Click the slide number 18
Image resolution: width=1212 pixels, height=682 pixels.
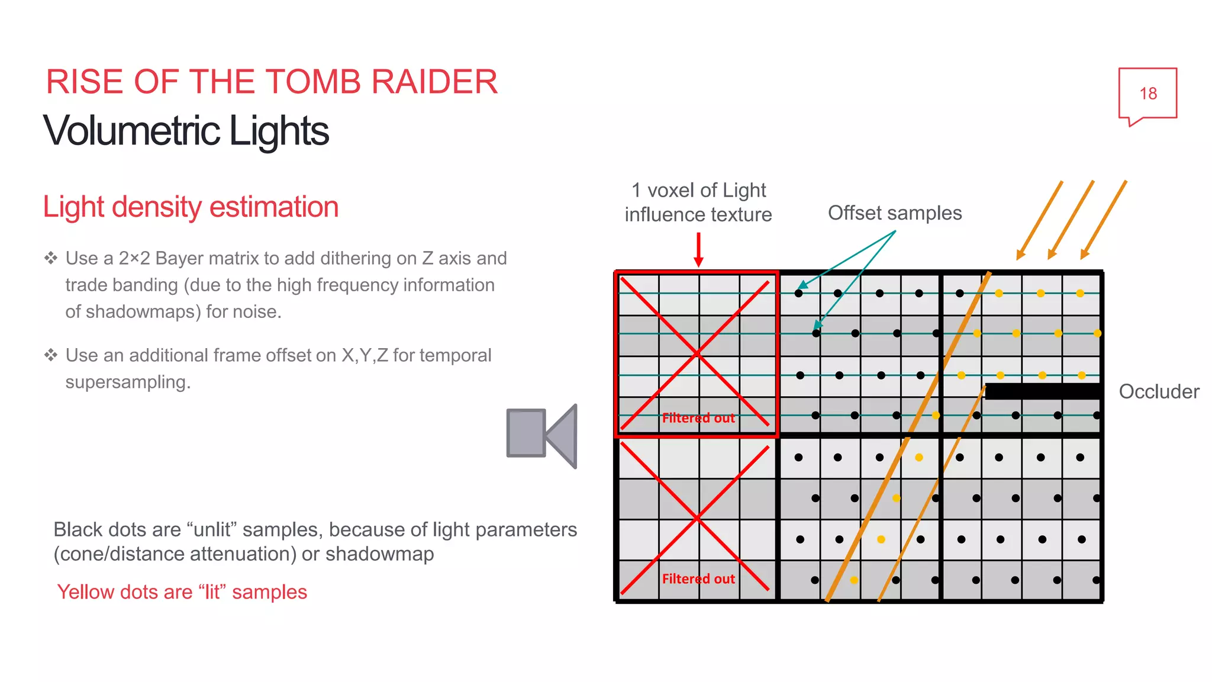pos(1147,94)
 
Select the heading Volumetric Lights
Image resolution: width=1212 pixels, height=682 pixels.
pos(186,131)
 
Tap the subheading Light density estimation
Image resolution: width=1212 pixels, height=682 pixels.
pos(191,207)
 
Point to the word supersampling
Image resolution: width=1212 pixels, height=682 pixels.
pos(128,382)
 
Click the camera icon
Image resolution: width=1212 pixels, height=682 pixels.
pos(541,436)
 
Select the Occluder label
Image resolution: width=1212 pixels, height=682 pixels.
pos(1158,392)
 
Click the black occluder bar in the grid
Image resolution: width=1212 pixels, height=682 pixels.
pos(1042,391)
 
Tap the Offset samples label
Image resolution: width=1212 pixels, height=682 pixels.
pos(894,213)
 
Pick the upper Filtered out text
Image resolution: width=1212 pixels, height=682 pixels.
pos(698,418)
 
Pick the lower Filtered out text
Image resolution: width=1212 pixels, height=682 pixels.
pos(698,579)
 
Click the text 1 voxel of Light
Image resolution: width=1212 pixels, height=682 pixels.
pos(698,191)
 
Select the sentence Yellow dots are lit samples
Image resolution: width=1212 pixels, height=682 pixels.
pos(182,592)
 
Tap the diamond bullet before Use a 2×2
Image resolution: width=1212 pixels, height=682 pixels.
pos(51,258)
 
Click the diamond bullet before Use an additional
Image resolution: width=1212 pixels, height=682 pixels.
pos(51,355)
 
